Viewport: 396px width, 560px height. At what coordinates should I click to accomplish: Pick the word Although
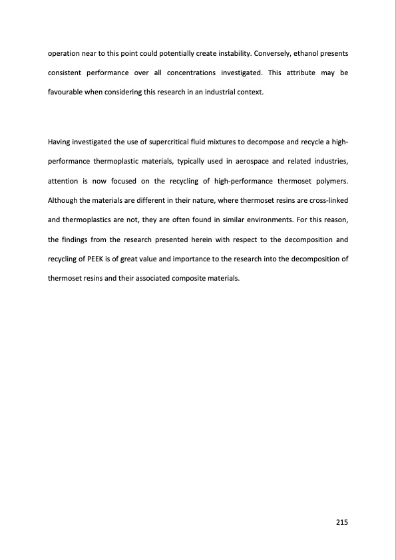click(x=64, y=200)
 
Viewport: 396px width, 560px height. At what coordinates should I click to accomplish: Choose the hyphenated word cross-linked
click(x=323, y=200)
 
